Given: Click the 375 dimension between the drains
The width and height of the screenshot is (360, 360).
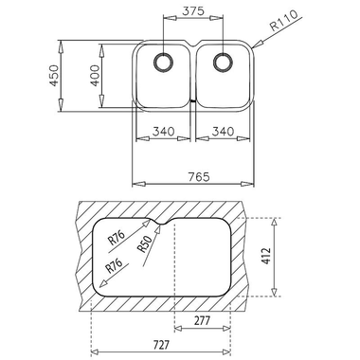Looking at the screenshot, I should [x=194, y=11].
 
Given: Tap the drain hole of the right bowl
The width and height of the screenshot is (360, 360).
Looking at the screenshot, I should [x=225, y=63].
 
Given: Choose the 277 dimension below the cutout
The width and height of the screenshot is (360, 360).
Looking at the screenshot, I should [x=200, y=323].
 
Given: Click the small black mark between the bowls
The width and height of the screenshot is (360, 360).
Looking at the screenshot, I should [x=194, y=99].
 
